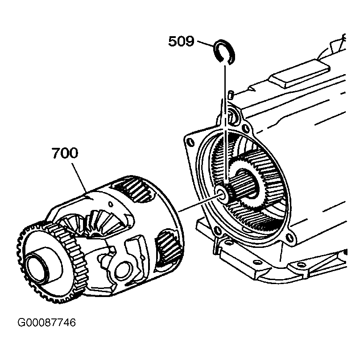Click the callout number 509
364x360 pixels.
[x=181, y=42]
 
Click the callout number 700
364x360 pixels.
[x=65, y=153]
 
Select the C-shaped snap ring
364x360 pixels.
[x=224, y=52]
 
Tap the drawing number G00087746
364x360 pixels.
[x=47, y=323]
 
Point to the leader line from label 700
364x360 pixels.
[x=79, y=178]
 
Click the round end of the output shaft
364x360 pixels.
[x=222, y=193]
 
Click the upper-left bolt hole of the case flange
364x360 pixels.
[x=190, y=142]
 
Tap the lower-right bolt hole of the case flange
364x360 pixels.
[x=289, y=237]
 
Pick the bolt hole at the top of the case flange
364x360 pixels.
[x=244, y=128]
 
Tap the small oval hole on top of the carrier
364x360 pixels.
[x=111, y=204]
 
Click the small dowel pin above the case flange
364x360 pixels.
[x=231, y=95]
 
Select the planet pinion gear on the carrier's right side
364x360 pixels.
[x=167, y=249]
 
